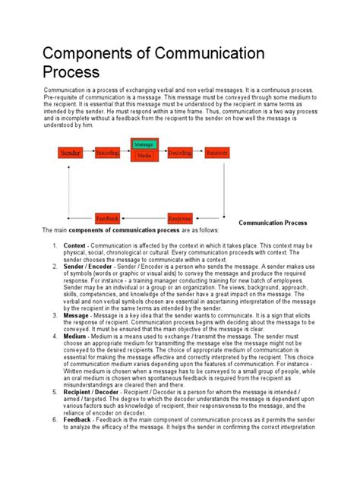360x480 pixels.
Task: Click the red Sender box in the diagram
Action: (x=70, y=153)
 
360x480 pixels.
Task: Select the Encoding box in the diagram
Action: (x=107, y=153)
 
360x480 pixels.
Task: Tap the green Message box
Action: (x=143, y=144)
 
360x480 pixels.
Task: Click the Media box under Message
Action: (x=143, y=156)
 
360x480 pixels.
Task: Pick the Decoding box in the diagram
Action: (x=179, y=153)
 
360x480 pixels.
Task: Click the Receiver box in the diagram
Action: (x=216, y=153)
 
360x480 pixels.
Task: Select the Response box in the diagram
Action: (x=179, y=217)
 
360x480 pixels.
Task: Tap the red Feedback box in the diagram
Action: (x=107, y=217)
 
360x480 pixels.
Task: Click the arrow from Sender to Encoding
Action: (x=88, y=153)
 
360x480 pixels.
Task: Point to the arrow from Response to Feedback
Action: (x=143, y=217)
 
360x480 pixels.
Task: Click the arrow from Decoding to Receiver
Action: (x=197, y=153)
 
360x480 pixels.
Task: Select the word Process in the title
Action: (x=71, y=73)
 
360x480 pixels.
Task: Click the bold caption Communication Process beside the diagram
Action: (x=273, y=223)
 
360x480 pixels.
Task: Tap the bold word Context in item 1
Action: (x=74, y=246)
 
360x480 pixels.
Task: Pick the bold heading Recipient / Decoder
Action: (x=96, y=391)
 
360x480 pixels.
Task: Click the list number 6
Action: (x=55, y=419)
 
